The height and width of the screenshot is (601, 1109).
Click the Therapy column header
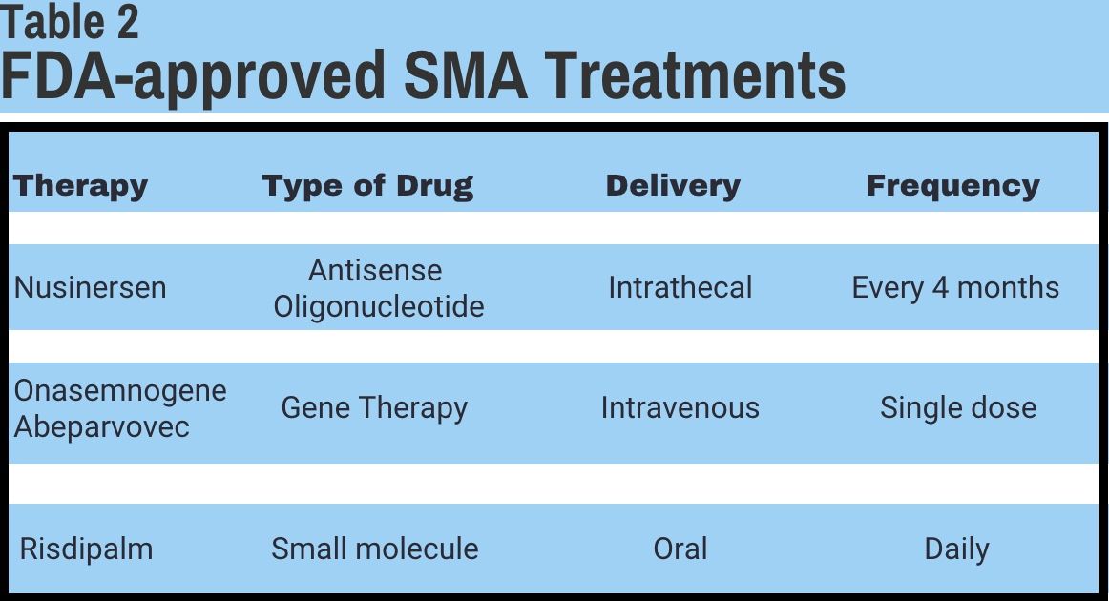pos(80,185)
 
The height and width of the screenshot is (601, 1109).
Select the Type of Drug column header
pos(367,185)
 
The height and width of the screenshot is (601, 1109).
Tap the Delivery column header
pos(673,185)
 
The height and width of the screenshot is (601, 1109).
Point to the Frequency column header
pos(952,185)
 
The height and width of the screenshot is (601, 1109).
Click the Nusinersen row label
pos(90,287)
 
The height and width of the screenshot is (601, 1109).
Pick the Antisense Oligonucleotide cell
pos(378,287)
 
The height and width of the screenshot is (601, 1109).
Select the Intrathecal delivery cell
pos(680,287)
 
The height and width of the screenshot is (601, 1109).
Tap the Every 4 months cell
pos(955,287)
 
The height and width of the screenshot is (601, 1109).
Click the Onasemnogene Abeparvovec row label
pos(119,408)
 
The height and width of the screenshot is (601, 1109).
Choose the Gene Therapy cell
pos(374,408)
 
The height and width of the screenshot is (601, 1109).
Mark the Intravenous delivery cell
pos(680,408)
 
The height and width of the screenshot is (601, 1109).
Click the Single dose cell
pos(957,408)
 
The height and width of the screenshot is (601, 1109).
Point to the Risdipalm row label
pos(86,549)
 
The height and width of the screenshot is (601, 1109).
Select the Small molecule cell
pos(374,549)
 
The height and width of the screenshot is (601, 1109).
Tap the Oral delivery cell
pos(680,549)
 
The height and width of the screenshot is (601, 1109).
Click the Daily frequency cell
pos(956,549)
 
